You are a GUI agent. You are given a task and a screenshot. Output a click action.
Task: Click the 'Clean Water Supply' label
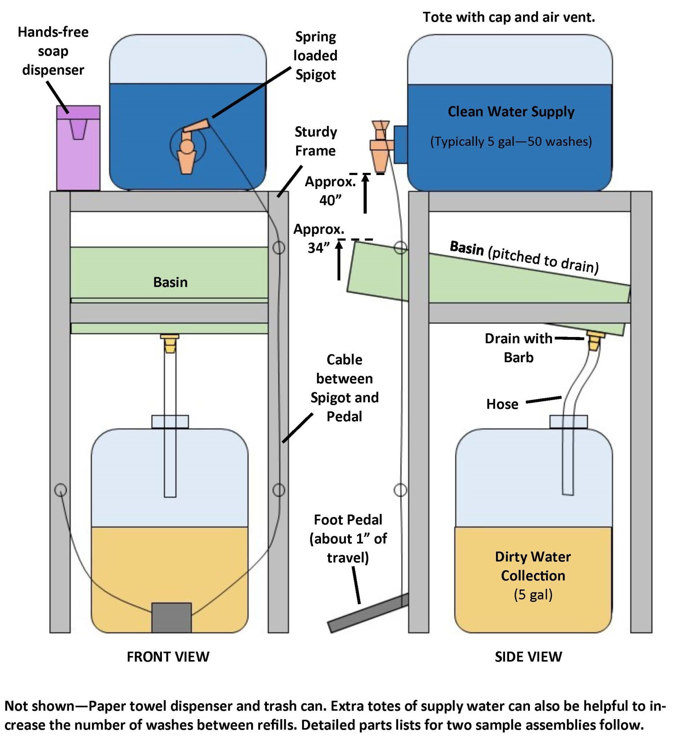[x=511, y=111]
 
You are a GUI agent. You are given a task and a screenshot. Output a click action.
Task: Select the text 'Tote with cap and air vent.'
[x=509, y=17]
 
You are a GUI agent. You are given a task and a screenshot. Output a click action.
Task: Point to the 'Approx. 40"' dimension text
[x=330, y=191]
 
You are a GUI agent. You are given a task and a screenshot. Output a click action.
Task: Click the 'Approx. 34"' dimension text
[x=319, y=238]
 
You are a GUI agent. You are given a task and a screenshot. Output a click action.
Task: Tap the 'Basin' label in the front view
[x=170, y=282]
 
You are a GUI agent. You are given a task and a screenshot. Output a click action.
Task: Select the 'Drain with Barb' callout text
[x=518, y=347]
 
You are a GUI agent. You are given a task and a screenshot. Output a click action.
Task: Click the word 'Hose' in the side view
[x=502, y=404]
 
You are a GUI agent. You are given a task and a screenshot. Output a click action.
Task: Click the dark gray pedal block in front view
[x=171, y=617]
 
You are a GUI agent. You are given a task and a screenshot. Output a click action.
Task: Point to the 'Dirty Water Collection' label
[x=533, y=567]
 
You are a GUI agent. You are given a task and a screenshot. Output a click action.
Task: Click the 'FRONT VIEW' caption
[x=168, y=657]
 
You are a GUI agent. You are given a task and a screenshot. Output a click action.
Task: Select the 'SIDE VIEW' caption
[x=528, y=657]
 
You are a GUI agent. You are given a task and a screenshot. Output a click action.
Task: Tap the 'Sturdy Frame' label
[x=316, y=141]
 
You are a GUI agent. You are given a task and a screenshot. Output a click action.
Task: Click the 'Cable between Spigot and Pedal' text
[x=345, y=388]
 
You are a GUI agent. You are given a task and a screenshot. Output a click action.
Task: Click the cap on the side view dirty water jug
[x=569, y=421]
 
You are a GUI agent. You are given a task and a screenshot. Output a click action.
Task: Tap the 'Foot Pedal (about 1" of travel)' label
[x=348, y=538]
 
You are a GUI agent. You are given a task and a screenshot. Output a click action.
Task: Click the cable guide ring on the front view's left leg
[x=61, y=489]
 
